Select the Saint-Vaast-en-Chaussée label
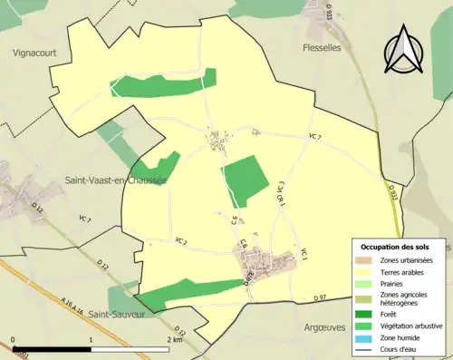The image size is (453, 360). click(116, 180)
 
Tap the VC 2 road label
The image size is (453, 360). click(180, 242)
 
